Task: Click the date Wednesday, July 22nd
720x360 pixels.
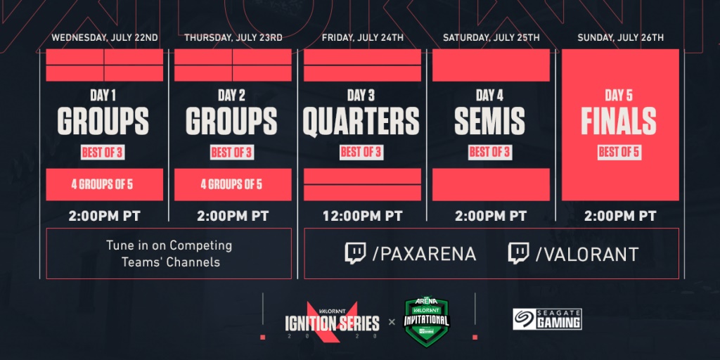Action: click(x=105, y=38)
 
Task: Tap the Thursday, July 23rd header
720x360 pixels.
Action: click(x=233, y=38)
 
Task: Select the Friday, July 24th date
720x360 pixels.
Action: click(x=363, y=38)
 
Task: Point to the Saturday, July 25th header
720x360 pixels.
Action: click(x=491, y=38)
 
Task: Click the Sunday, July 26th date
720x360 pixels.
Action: click(x=620, y=38)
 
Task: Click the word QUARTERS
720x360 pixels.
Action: click(x=361, y=120)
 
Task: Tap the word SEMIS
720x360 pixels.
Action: click(x=489, y=121)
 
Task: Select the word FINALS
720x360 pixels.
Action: click(x=619, y=121)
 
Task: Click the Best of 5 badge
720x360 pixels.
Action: click(x=619, y=153)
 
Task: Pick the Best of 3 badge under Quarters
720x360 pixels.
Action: click(x=361, y=153)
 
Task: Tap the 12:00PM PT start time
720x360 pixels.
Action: click(x=362, y=215)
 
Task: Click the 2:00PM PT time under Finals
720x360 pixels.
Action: click(x=620, y=215)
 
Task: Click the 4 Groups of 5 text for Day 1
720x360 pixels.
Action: click(x=102, y=185)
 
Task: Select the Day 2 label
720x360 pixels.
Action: click(x=231, y=96)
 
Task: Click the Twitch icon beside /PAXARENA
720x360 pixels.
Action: click(x=355, y=253)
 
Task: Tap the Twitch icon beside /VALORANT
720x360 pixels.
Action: click(x=518, y=253)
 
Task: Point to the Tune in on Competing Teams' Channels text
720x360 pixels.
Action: click(x=169, y=253)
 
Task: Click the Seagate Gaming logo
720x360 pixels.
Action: click(x=547, y=319)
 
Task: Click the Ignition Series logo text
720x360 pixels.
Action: click(x=332, y=324)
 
